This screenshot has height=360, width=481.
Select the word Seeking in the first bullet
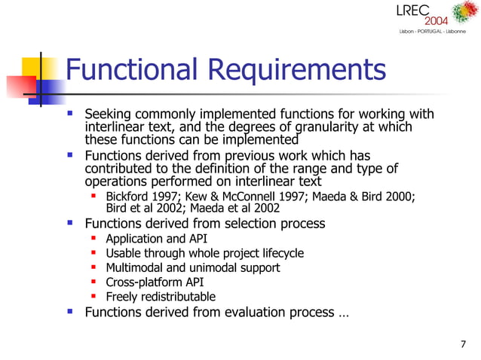coord(109,114)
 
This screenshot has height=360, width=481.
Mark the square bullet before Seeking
coord(70,114)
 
